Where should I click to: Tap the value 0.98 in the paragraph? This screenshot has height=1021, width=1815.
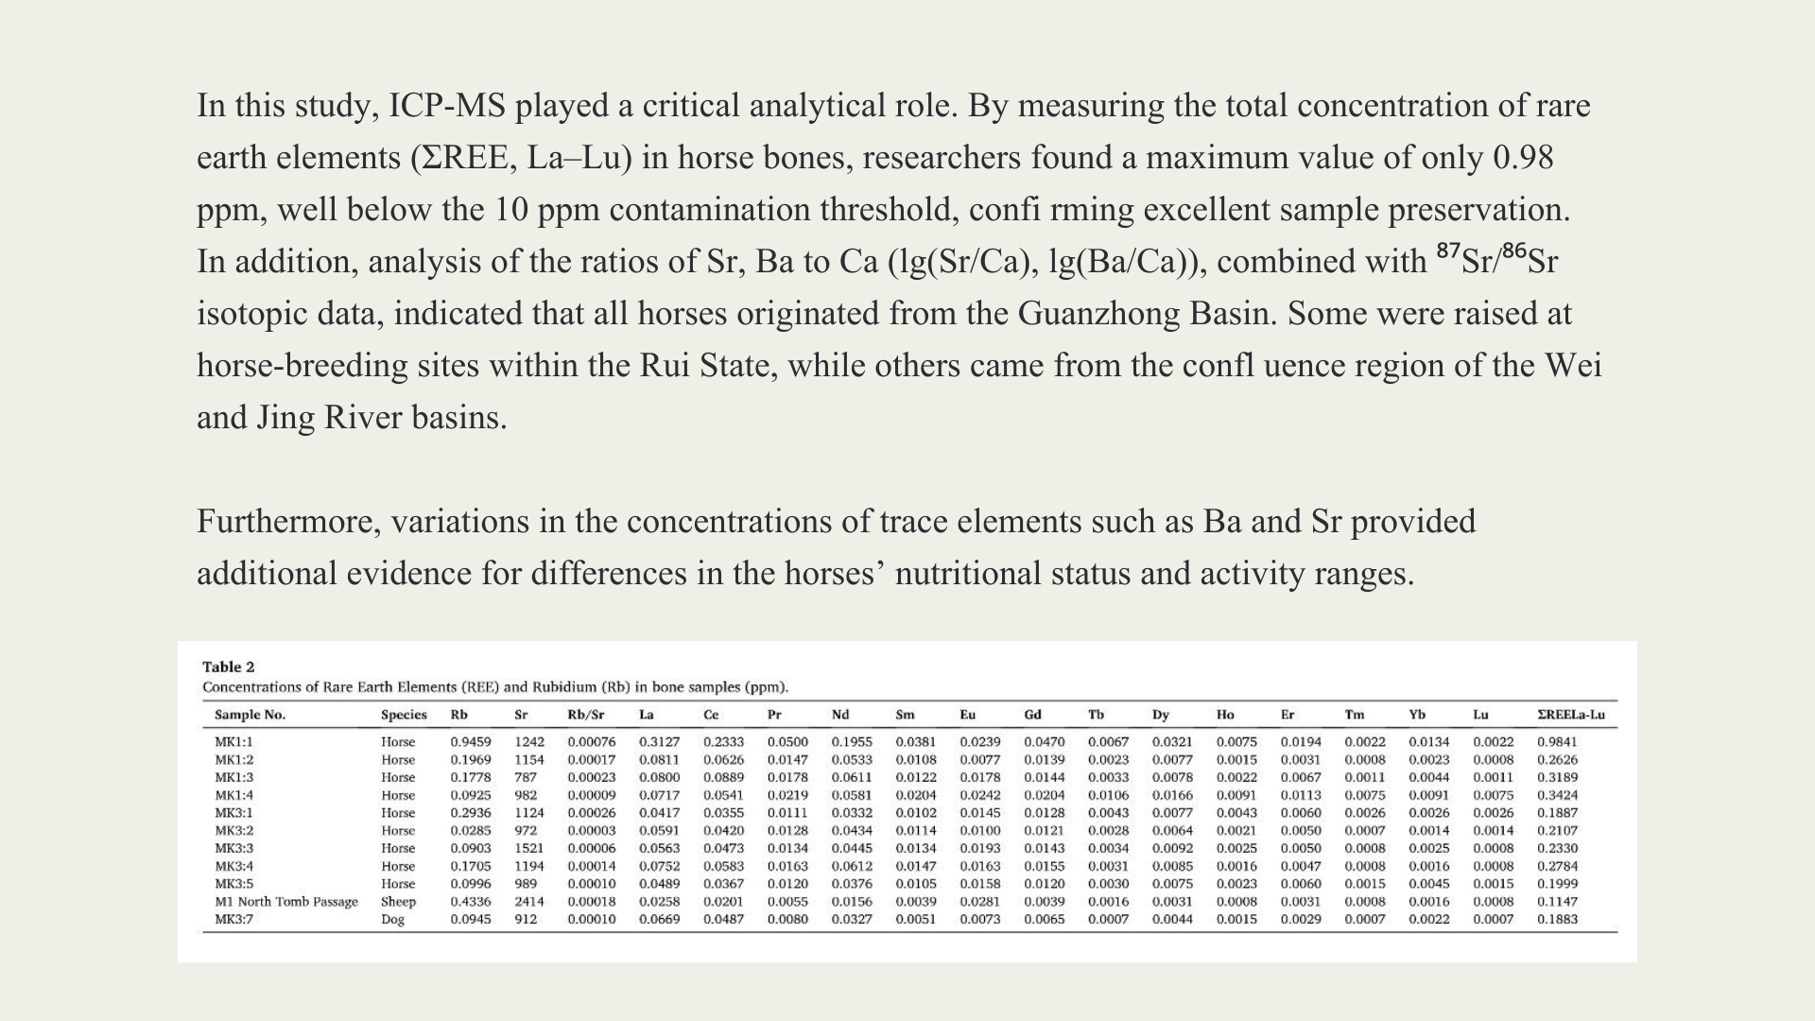pyautogui.click(x=1523, y=158)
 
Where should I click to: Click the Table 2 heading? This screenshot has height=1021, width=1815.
pyautogui.click(x=228, y=666)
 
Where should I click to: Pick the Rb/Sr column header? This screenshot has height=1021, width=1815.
pyautogui.click(x=585, y=715)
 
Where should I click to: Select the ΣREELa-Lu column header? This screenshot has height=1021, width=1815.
pyautogui.click(x=1570, y=715)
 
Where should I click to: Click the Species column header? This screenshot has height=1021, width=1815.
pyautogui.click(x=404, y=715)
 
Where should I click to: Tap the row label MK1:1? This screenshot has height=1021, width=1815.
pyautogui.click(x=233, y=742)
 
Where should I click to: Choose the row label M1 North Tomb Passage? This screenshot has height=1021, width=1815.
pyautogui.click(x=285, y=902)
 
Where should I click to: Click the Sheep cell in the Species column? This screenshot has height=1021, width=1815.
pyautogui.click(x=398, y=902)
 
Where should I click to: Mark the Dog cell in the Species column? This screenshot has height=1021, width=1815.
pyautogui.click(x=392, y=919)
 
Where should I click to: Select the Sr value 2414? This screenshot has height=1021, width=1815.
pyautogui.click(x=529, y=902)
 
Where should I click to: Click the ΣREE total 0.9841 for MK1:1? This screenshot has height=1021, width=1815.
pyautogui.click(x=1557, y=742)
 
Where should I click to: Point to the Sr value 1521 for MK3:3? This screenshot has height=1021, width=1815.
pyautogui.click(x=529, y=848)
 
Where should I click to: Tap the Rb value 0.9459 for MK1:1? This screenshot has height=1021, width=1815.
pyautogui.click(x=470, y=742)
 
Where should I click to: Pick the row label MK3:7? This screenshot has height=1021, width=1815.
pyautogui.click(x=233, y=919)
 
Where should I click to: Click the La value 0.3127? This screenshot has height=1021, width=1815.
pyautogui.click(x=659, y=742)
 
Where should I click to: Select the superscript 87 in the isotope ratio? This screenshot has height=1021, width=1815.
pyautogui.click(x=1448, y=251)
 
